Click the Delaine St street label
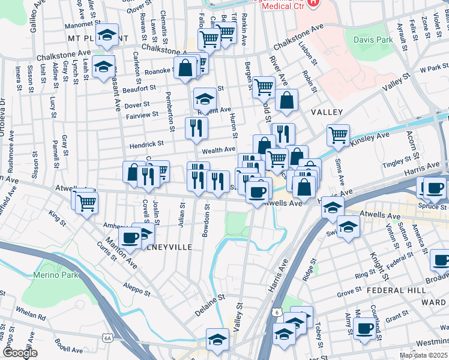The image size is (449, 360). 209,305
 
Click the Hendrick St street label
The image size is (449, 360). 147,144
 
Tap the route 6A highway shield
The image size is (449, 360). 107,338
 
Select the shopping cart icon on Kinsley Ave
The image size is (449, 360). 338,135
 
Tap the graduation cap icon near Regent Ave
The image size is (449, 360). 204,98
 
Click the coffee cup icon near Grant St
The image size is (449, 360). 364,328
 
